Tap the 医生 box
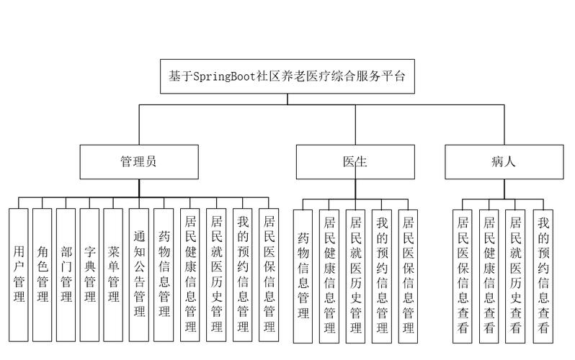355,163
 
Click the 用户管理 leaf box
19,274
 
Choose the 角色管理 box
43,274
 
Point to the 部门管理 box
66,274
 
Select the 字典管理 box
90,274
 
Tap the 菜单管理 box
114,274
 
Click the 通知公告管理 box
140,274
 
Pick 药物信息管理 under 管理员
164,274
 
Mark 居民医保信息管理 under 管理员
269,274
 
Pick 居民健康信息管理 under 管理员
190,274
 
